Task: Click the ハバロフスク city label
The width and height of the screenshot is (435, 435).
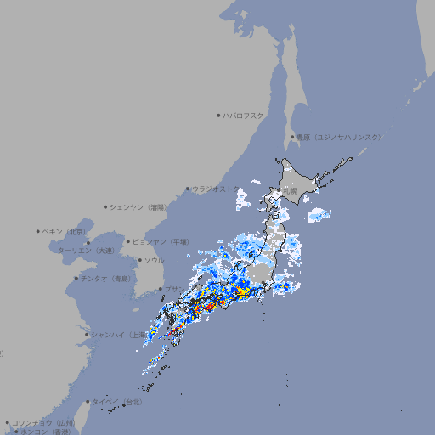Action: [244, 116]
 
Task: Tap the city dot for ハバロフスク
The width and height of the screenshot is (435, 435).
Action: [218, 116]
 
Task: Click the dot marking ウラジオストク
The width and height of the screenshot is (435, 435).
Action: [188, 189]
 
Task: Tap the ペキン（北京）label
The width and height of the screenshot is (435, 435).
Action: [65, 231]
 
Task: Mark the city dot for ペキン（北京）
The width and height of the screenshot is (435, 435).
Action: [38, 231]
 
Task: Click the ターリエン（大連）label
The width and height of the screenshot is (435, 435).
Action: [86, 251]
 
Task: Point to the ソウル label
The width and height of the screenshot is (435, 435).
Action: [154, 260]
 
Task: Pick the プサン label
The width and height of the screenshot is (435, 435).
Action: [172, 290]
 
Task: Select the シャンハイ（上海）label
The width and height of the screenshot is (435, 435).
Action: [117, 335]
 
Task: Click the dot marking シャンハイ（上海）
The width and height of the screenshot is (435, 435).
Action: [87, 335]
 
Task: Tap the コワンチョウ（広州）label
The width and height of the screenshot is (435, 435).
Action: [42, 422]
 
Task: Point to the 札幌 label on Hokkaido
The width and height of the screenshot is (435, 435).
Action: [291, 193]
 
